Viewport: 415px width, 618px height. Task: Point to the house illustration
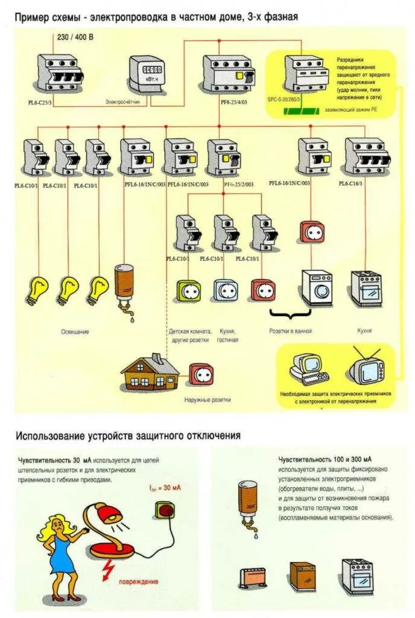click(150, 372)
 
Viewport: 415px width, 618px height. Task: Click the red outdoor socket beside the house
click(199, 374)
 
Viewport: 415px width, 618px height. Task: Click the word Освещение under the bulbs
click(75, 331)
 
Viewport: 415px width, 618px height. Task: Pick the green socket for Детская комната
click(188, 291)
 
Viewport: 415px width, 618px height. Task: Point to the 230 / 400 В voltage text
click(75, 37)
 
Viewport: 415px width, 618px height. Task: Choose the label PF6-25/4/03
click(234, 103)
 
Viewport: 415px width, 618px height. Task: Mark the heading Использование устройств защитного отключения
click(128, 435)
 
